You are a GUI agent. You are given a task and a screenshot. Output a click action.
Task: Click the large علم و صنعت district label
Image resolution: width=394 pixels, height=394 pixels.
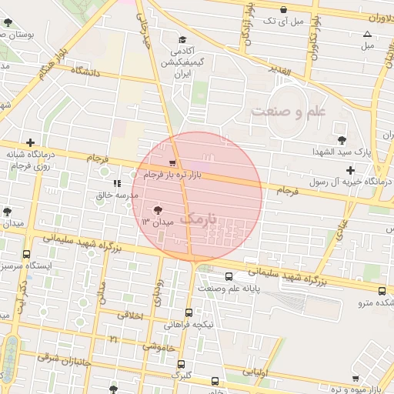(x=289, y=112)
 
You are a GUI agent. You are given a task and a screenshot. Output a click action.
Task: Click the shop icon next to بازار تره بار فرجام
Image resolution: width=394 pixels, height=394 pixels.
(x=172, y=163)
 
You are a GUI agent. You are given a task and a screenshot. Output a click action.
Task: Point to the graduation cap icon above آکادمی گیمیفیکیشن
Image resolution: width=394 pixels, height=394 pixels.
(x=182, y=40)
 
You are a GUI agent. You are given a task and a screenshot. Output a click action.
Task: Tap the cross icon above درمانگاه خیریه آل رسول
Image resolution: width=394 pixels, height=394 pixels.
(x=351, y=169)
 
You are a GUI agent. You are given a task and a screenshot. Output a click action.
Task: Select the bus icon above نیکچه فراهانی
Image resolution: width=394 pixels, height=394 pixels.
(x=189, y=312)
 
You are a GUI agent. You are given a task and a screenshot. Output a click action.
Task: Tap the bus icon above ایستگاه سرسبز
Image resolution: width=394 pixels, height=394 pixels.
(x=27, y=254)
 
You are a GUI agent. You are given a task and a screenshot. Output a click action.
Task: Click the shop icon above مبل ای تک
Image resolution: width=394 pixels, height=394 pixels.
(x=284, y=9)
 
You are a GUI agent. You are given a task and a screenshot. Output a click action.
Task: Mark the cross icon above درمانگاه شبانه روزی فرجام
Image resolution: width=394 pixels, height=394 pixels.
(x=30, y=142)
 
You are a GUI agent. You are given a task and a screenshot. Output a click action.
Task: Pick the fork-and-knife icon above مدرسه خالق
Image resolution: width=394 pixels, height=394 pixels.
(x=116, y=183)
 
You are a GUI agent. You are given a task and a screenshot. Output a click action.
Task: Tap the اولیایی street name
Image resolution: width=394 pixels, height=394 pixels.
(x=255, y=372)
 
